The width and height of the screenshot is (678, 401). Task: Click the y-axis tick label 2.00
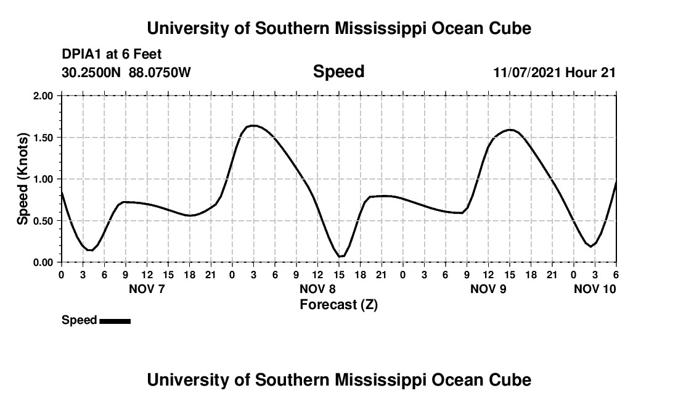point(43,96)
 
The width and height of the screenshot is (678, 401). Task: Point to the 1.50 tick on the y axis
point(43,137)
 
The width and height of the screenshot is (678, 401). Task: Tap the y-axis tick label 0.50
point(43,220)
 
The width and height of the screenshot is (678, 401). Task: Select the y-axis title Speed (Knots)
point(23,179)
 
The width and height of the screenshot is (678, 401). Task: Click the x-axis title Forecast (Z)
point(338,304)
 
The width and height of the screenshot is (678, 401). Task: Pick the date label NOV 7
point(147,289)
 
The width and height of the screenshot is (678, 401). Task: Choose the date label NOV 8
point(317,289)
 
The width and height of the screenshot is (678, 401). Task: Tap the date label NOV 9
point(488,289)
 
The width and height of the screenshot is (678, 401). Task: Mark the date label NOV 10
point(595,289)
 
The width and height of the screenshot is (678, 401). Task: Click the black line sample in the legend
point(115,321)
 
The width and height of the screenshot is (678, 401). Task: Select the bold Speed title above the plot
point(338,72)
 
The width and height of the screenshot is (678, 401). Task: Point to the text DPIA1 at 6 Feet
point(112,55)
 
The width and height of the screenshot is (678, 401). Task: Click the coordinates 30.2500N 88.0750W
point(126,73)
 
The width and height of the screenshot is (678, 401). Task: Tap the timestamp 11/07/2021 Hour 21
point(554,73)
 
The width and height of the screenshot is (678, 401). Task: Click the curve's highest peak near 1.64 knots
point(253,125)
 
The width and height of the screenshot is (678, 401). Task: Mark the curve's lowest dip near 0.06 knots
point(340,257)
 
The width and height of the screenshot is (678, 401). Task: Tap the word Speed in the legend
point(79,320)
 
